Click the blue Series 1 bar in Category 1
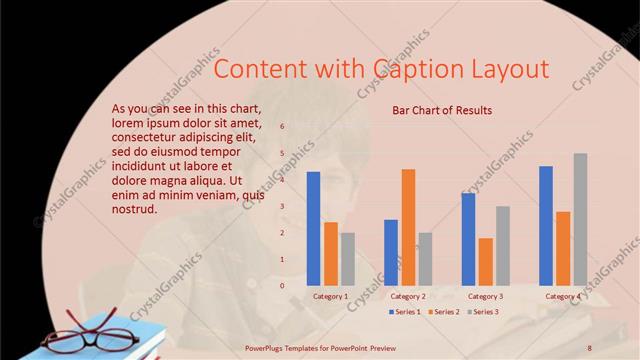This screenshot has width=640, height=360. pyautogui.click(x=313, y=229)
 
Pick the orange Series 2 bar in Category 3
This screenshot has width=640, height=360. pyautogui.click(x=485, y=262)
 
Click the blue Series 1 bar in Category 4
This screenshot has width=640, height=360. pyautogui.click(x=546, y=226)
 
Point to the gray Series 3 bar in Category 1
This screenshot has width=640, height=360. pyautogui.click(x=347, y=259)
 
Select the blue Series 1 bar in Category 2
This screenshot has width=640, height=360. pyautogui.click(x=391, y=253)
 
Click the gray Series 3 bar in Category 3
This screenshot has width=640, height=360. pyautogui.click(x=502, y=246)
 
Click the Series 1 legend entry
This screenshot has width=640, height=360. pyautogui.click(x=403, y=312)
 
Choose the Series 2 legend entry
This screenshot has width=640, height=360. pyautogui.click(x=442, y=312)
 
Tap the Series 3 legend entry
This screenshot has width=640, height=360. pyautogui.click(x=481, y=312)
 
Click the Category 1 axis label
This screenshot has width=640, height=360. pyautogui.click(x=331, y=296)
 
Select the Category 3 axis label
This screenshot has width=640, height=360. pyautogui.click(x=486, y=296)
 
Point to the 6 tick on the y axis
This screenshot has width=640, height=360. pyautogui.click(x=283, y=127)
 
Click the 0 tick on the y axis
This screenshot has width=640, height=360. pyautogui.click(x=283, y=286)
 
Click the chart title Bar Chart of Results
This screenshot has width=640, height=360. pyautogui.click(x=442, y=110)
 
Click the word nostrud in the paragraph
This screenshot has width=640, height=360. pyautogui.click(x=135, y=209)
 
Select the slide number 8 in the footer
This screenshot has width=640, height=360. pyautogui.click(x=590, y=347)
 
